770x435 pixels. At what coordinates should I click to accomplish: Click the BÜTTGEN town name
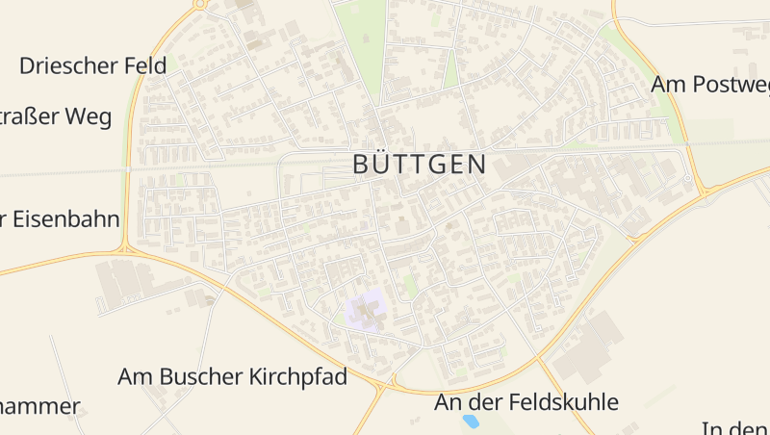420,165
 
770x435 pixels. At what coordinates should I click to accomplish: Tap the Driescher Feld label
93,65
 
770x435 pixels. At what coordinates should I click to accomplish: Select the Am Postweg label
710,85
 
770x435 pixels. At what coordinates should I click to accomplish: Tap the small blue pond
471,422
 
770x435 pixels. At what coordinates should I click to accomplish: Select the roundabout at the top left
199,4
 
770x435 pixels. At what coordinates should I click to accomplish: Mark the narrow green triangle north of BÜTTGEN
449,69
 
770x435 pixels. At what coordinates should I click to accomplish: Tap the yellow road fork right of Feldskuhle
540,362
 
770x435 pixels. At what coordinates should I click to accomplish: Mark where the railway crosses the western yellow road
127,169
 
